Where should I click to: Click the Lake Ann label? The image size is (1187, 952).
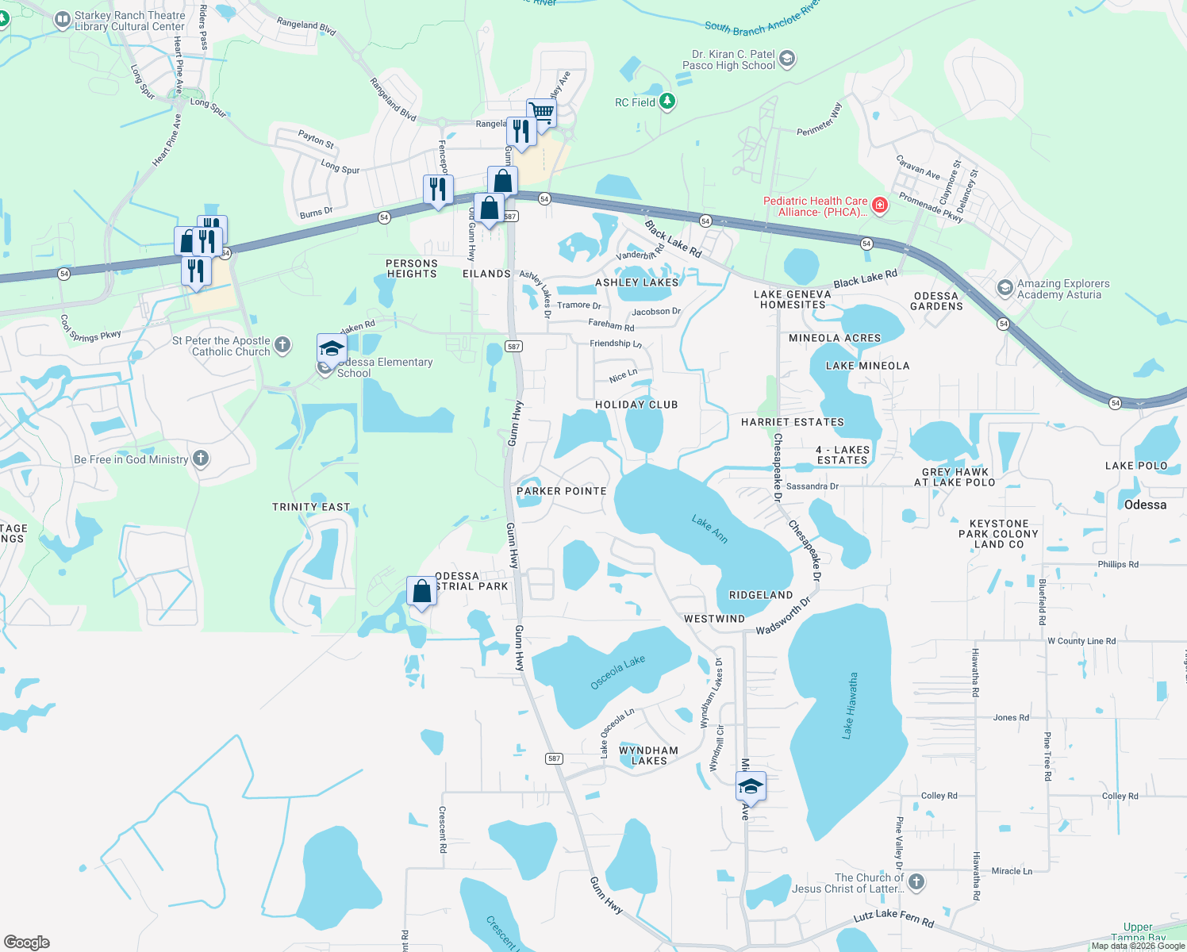pos(709,529)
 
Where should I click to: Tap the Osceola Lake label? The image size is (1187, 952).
pos(618,673)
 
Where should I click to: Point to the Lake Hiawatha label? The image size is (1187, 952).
pos(849,706)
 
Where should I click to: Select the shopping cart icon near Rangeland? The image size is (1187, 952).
pos(541,112)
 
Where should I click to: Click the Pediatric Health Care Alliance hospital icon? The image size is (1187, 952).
pos(879,206)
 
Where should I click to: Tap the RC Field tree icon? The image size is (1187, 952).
pos(667,102)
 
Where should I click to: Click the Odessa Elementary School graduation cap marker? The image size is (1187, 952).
pos(332,349)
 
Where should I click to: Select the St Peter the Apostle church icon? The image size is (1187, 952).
pos(282,346)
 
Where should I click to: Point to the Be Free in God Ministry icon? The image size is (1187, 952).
pos(201,459)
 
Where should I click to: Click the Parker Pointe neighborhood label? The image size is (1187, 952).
pos(562,491)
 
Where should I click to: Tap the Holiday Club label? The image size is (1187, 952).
pos(636,405)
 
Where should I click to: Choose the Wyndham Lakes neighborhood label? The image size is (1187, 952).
pos(648,755)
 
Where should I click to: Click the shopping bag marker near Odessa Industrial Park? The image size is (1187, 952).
pos(421,591)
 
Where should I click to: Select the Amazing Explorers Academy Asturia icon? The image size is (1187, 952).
pos(1005,288)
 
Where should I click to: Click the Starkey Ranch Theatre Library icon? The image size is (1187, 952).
pos(62,21)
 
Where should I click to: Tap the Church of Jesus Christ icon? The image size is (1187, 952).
pos(916,882)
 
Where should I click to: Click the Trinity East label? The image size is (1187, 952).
pos(311,507)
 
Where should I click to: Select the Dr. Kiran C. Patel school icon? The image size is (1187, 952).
pos(786,59)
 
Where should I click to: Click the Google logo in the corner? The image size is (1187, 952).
pos(27,942)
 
